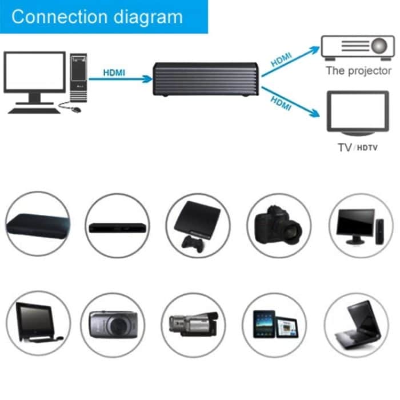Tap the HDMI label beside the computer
click(114, 73)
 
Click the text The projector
click(358, 71)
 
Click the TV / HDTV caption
click(358, 147)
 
